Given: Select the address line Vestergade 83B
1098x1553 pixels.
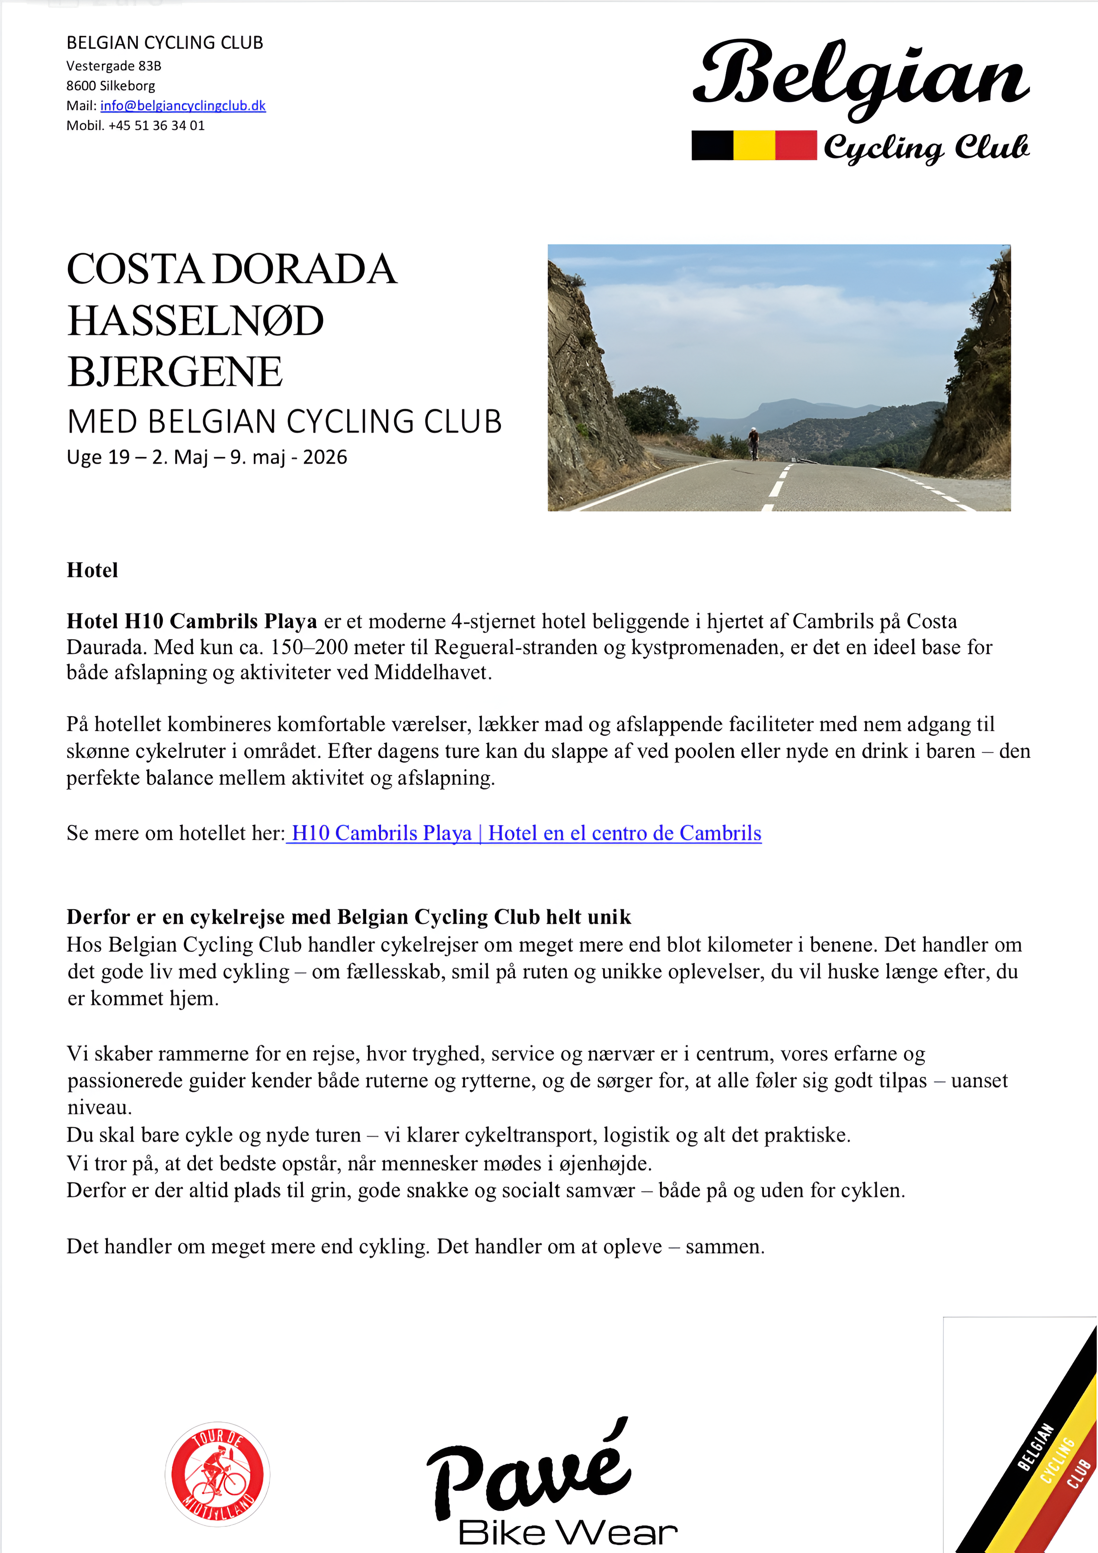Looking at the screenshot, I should pos(114,66).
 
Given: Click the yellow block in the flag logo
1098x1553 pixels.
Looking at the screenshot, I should pos(754,145).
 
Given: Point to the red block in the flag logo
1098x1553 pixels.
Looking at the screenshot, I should pos(796,145).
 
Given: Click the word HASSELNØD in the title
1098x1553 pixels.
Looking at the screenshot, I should pos(195,321).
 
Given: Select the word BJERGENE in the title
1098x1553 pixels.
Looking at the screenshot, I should pos(175,372).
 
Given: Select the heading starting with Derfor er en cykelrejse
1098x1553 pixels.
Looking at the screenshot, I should pos(348,917).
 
